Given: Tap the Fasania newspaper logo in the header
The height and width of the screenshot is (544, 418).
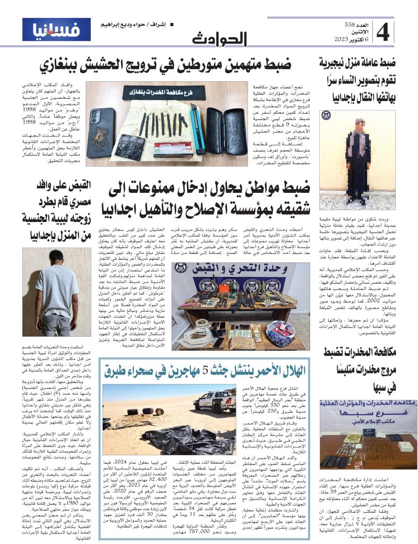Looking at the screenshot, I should pos(56,30).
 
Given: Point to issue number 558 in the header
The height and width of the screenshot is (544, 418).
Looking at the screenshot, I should pos(349,25).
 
